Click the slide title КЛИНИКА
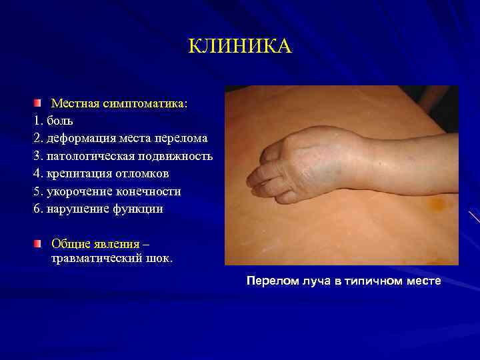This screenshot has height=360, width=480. point(239,47)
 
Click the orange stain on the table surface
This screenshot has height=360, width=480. point(436,202)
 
